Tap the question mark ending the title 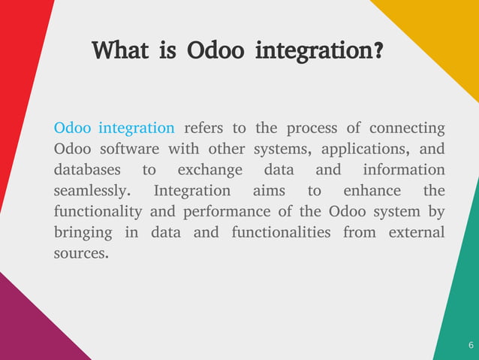coord(379,52)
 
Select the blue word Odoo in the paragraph coord(73,127)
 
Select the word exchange coord(209,169)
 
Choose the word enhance coord(372,190)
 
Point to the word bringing coord(83,233)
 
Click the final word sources coord(81,253)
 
